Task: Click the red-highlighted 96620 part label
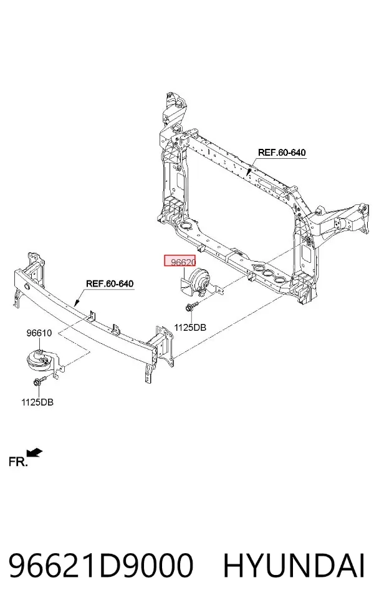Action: coord(180,262)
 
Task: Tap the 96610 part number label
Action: coord(39,333)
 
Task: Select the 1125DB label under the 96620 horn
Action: coord(190,328)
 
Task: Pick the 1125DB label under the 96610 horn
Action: coord(37,402)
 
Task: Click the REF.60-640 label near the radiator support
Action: coord(282,153)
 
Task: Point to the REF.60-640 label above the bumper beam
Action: coord(110,283)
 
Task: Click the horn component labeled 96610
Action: coord(41,360)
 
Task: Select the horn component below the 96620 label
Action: coord(198,282)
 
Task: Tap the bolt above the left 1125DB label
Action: coord(40,381)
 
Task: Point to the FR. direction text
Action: coord(18,462)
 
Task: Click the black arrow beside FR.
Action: coord(35,452)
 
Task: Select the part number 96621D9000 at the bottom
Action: coord(101,565)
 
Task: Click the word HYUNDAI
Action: coord(294,565)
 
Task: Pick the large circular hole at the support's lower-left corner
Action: coord(186,226)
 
